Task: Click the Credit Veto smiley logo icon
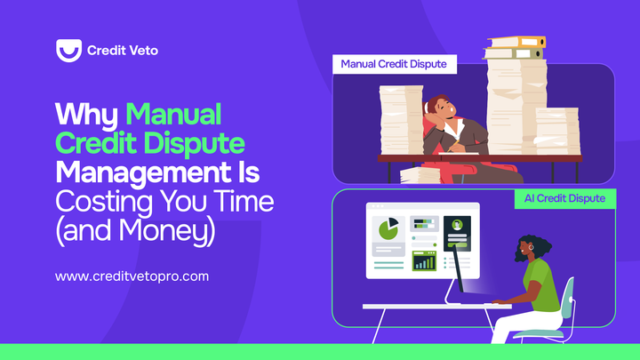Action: pos(68,50)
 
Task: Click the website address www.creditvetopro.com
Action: pos(132,276)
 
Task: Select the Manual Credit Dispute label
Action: pos(394,64)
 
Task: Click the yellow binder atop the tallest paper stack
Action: pos(516,42)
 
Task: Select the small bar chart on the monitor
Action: pos(425,261)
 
